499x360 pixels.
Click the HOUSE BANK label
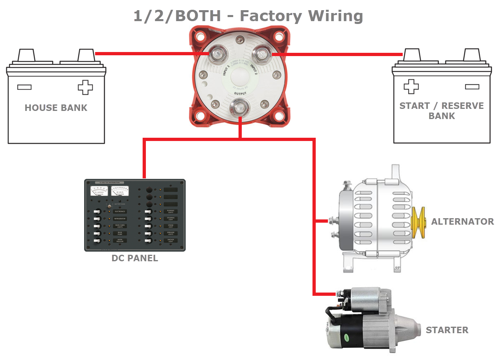click(x=56, y=108)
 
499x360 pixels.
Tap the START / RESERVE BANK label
click(x=441, y=111)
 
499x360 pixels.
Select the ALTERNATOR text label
click(x=462, y=221)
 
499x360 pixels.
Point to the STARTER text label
click(x=447, y=330)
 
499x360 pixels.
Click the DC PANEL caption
click(x=135, y=258)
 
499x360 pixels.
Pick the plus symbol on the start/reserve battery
click(x=411, y=86)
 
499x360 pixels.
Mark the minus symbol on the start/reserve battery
click(x=471, y=86)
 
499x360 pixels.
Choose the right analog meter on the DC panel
click(x=120, y=190)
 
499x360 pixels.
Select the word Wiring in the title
click(x=335, y=16)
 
